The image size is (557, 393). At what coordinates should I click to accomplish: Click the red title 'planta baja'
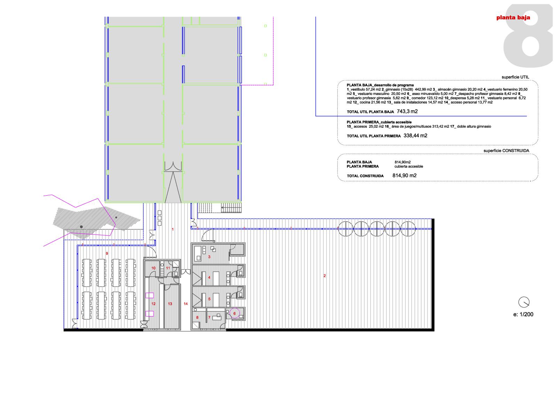[513, 18]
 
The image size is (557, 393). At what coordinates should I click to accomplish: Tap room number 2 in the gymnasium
[324, 276]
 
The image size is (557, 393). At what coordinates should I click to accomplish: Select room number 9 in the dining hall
[107, 253]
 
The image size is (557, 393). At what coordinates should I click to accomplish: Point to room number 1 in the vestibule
[173, 229]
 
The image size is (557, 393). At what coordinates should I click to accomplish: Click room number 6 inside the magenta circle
[234, 313]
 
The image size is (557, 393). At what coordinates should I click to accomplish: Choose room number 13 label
[170, 304]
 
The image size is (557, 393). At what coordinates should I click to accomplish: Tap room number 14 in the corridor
[186, 304]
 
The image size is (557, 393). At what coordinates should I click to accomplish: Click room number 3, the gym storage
[209, 257]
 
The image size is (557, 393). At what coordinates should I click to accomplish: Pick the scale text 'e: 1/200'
[523, 314]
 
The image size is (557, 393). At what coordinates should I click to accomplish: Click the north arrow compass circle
[524, 302]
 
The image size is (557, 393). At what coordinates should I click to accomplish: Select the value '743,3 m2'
[407, 112]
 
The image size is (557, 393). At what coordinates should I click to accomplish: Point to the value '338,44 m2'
[415, 136]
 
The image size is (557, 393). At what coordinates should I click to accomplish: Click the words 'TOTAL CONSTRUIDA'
[365, 176]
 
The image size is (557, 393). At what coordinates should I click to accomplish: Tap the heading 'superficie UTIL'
[515, 77]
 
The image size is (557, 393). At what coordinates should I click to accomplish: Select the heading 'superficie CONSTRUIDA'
[506, 151]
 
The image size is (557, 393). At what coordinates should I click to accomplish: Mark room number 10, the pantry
[154, 268]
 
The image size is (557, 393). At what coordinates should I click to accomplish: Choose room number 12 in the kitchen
[154, 304]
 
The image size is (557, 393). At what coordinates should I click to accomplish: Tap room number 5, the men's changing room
[209, 299]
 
